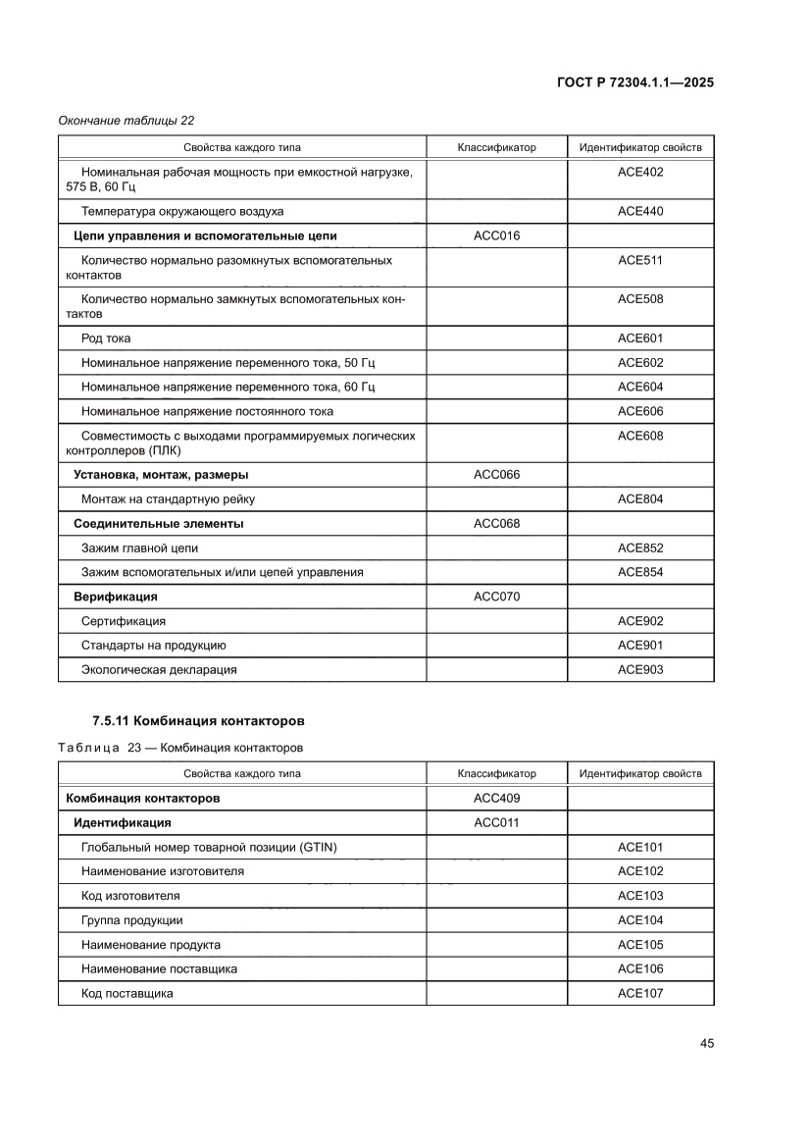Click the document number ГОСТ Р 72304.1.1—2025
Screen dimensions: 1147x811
tap(635, 83)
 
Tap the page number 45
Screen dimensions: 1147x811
tap(706, 1043)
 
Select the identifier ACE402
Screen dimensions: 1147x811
tap(640, 172)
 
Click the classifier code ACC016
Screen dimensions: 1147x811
tap(496, 235)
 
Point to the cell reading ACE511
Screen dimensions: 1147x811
tap(640, 260)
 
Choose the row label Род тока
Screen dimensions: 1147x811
tap(106, 339)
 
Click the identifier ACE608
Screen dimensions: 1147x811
tap(640, 436)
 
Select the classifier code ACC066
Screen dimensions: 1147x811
tap(496, 475)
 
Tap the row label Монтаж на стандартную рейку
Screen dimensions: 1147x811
tap(169, 499)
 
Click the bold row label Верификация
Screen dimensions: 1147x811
tap(116, 597)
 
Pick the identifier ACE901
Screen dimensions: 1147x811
tap(640, 646)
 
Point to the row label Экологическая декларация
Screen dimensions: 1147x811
tap(159, 670)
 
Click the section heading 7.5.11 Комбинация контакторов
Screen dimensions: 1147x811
tap(199, 722)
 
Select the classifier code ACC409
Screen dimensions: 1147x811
tap(496, 798)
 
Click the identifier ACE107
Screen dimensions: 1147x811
tap(640, 993)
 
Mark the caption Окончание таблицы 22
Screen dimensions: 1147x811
tap(127, 121)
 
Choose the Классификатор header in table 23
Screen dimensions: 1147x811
tap(496, 773)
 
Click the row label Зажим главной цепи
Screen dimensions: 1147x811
tap(146, 547)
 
